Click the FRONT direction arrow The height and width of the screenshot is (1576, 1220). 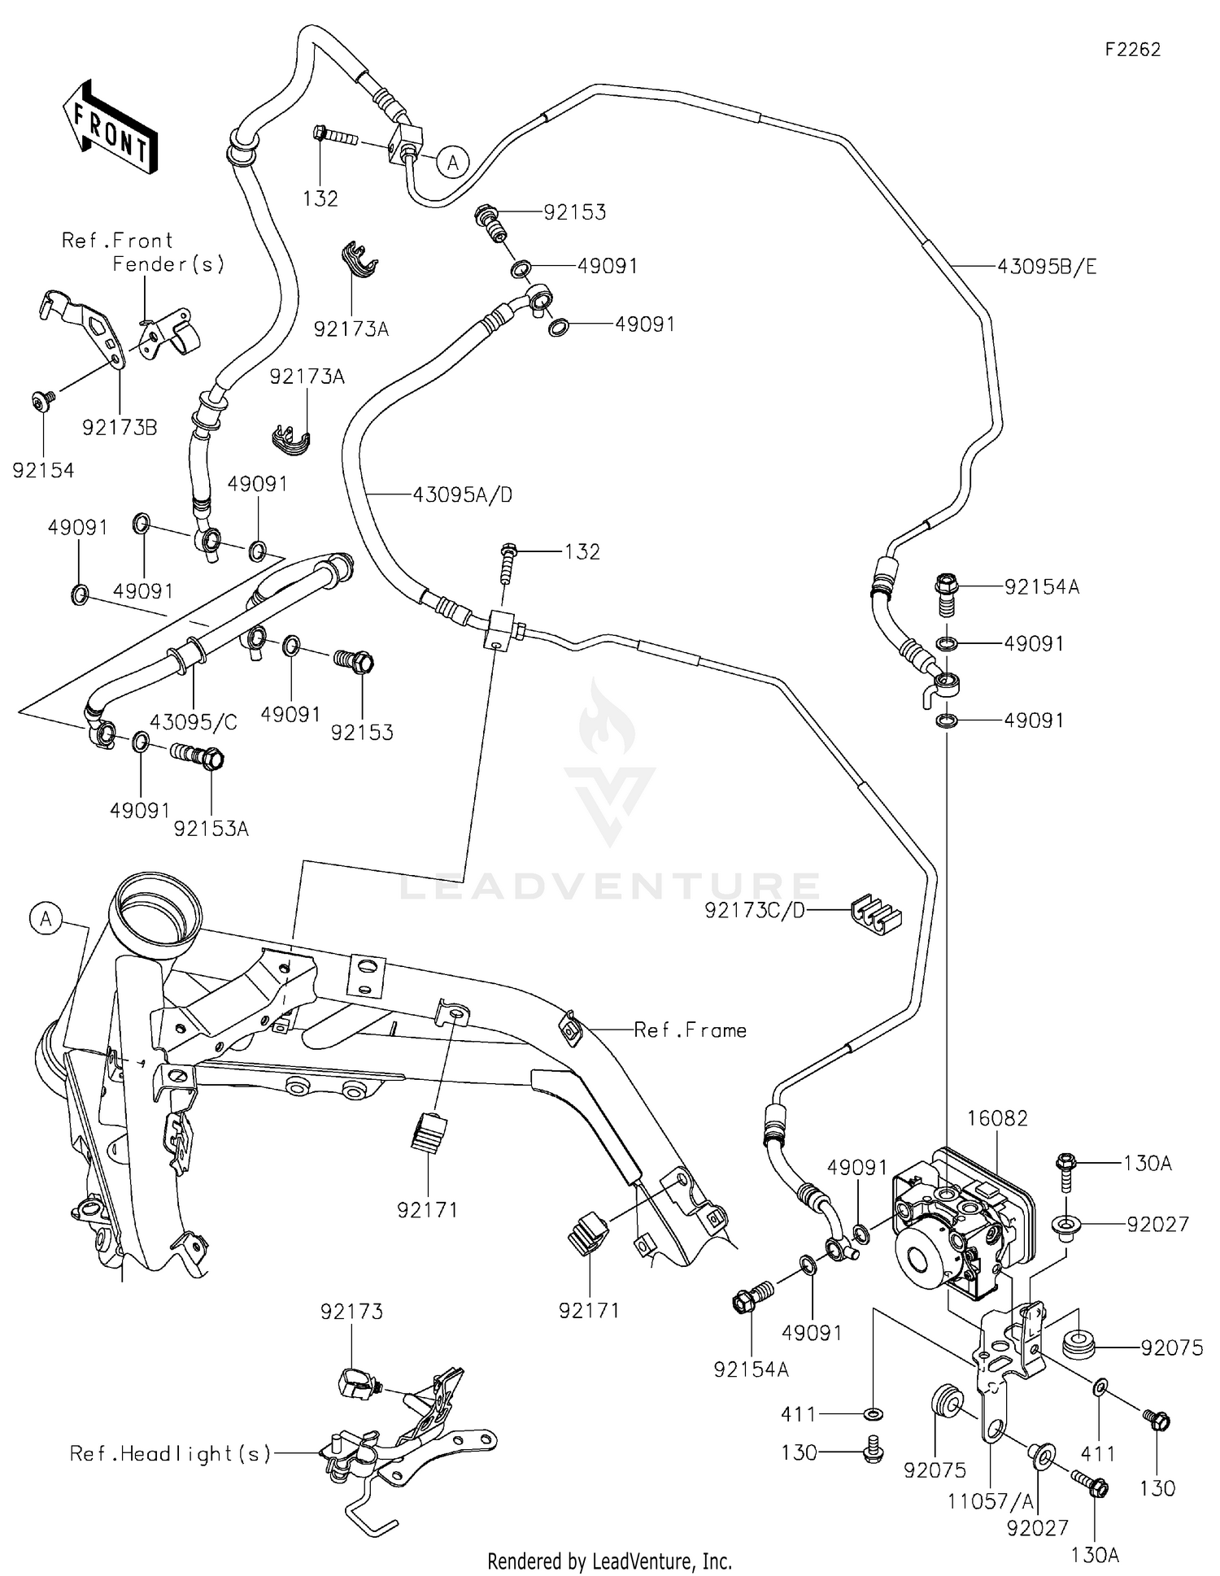pos(111,126)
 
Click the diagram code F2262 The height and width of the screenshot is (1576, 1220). pos(1132,50)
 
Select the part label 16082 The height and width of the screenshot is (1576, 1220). pos(997,1119)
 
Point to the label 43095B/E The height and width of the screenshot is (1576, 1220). pos(1046,267)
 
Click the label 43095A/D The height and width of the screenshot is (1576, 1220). pos(462,494)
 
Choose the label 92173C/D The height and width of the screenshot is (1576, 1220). pos(754,911)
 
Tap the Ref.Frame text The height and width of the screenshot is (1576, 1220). pos(690,1030)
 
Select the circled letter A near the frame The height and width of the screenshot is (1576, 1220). pos(46,919)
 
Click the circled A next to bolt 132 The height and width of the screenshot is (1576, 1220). pos(453,163)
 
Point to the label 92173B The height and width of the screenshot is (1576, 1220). pos(120,428)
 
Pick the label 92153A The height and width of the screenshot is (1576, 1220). pos(211,829)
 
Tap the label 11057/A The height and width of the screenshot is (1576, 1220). pos(988,1501)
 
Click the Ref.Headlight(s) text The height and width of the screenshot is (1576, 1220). pos(170,1453)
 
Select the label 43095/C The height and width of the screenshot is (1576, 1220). pos(194,722)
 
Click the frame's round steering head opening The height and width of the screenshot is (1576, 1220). pos(157,905)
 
